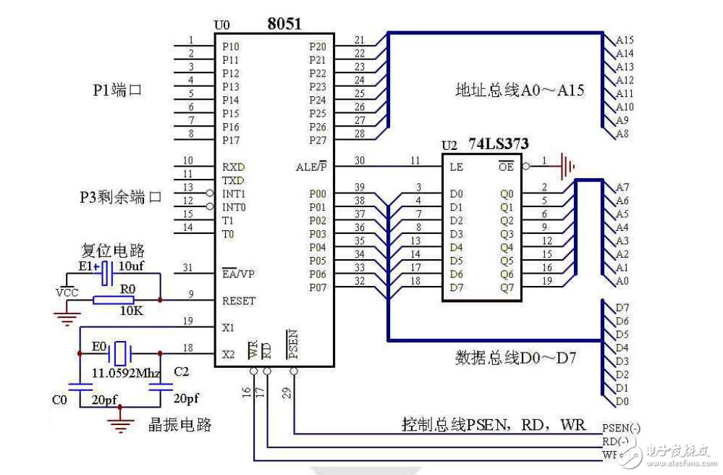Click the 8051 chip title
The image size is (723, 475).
click(x=284, y=24)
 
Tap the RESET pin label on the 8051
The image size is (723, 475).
click(x=239, y=300)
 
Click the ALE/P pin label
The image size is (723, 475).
click(x=312, y=166)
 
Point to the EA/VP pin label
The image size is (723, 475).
click(x=239, y=274)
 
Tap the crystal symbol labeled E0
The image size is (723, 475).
click(x=119, y=354)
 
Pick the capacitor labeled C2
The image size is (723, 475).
click(x=160, y=386)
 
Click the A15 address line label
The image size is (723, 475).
click(x=625, y=41)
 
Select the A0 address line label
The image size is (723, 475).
click(x=622, y=281)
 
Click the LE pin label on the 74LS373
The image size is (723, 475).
click(x=455, y=166)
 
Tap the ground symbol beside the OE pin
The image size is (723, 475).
click(x=567, y=166)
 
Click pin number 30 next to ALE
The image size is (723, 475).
click(x=360, y=160)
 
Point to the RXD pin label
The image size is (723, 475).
click(x=233, y=166)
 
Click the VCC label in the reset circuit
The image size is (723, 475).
click(x=67, y=294)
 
